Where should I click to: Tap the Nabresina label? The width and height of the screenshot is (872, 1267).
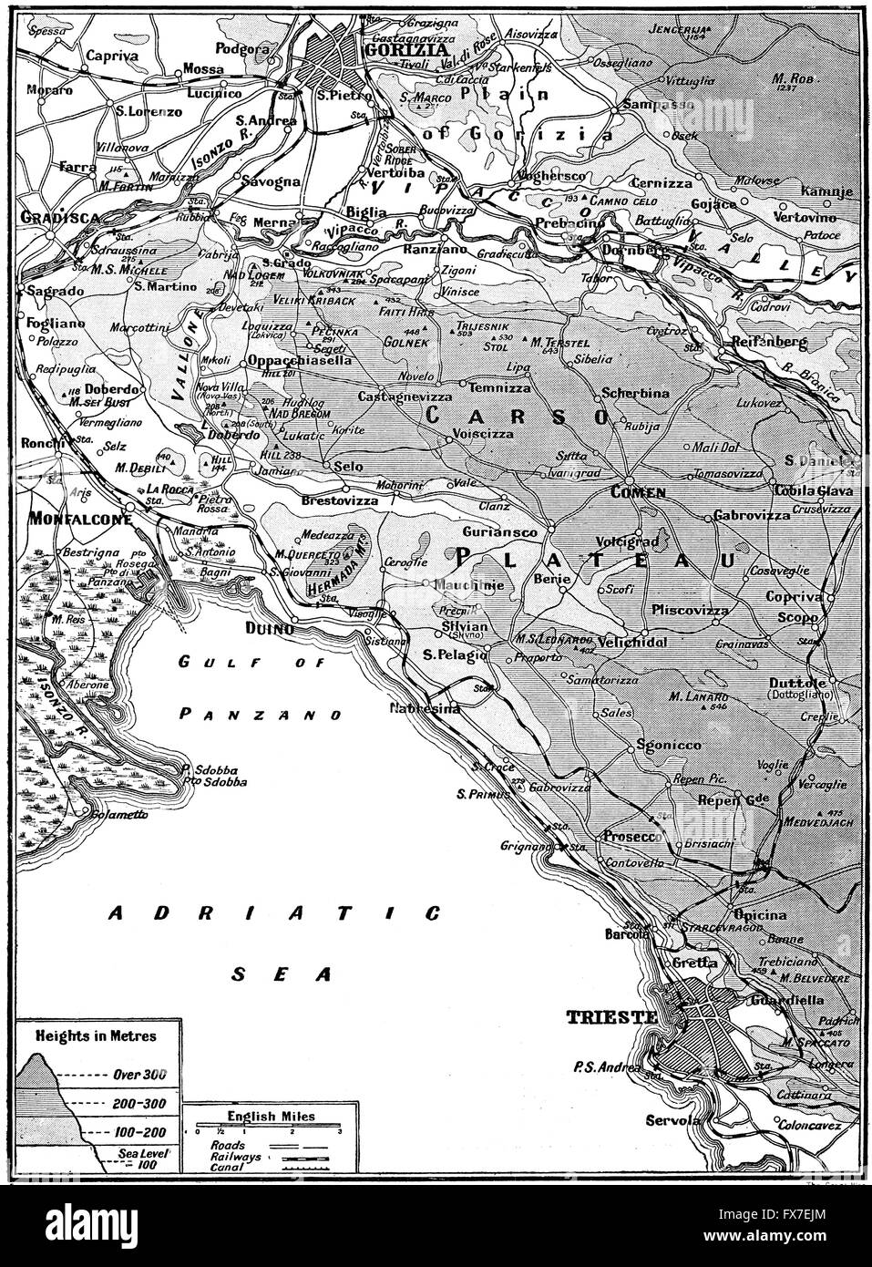pyautogui.click(x=423, y=708)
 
